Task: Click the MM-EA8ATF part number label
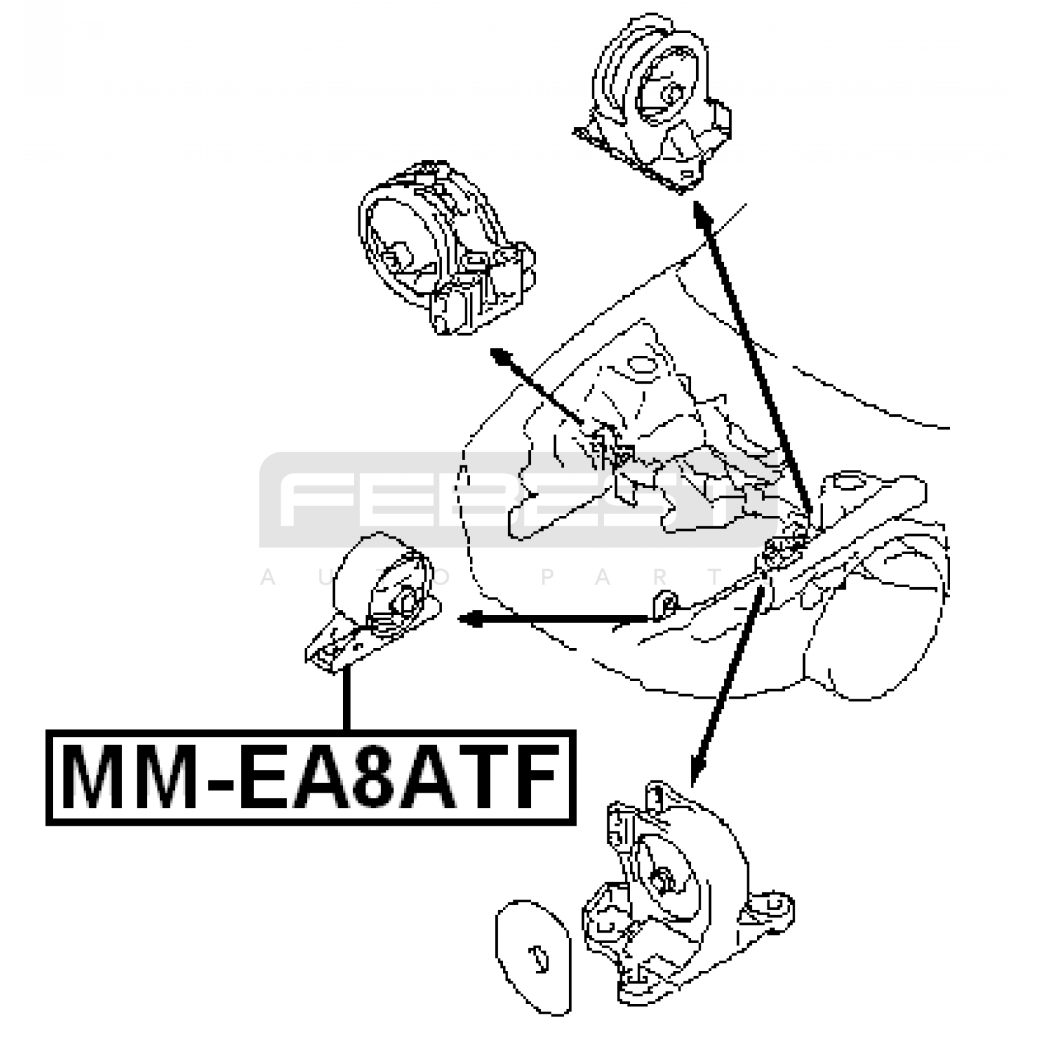[310, 777]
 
